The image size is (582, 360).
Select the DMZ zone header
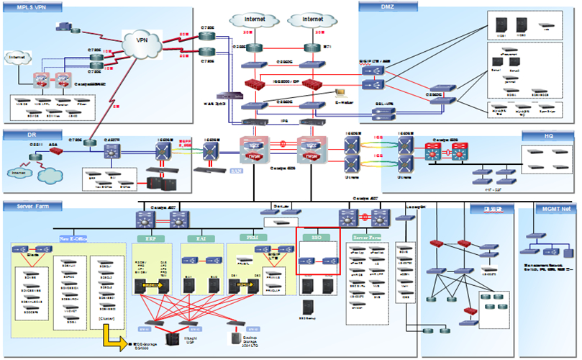click(378, 6)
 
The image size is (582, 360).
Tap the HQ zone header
click(547, 135)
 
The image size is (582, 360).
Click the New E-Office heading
click(73, 236)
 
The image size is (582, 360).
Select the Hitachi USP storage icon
click(173, 339)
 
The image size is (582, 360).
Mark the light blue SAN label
click(235, 171)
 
